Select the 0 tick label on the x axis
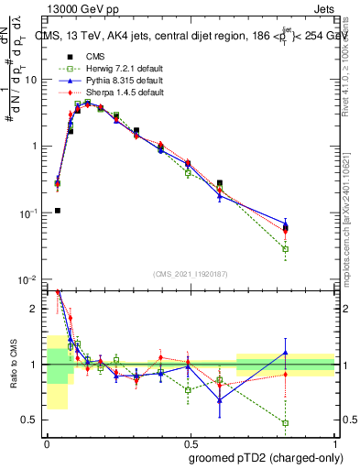[47, 443]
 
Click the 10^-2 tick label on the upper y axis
[30, 279]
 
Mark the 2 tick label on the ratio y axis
[36, 310]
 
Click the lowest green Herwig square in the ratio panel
[286, 423]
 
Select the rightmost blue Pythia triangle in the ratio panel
[286, 353]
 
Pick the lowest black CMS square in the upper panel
[58, 211]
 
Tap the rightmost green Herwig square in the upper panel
[286, 249]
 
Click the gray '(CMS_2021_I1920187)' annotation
[191, 273]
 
